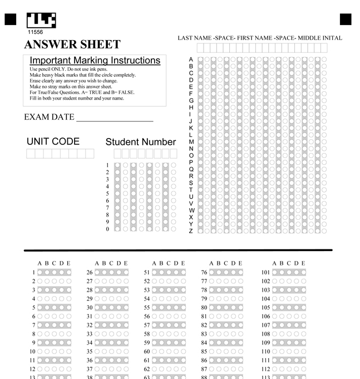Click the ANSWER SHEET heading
[72, 45]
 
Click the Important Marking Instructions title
[95, 60]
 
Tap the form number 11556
[35, 32]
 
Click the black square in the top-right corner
[346, 20]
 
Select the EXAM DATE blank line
[115, 118]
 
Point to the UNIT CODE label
[53, 141]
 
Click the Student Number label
[141, 142]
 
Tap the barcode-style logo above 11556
[41, 20]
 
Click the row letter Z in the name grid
[191, 231]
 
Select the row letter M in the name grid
[191, 142]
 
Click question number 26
[89, 273]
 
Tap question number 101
[265, 273]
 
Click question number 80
[204, 308]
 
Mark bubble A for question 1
[40, 273]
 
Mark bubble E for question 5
[69, 308]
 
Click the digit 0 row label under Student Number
[107, 229]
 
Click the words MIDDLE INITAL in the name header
[320, 38]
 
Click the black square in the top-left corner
[10, 20]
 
